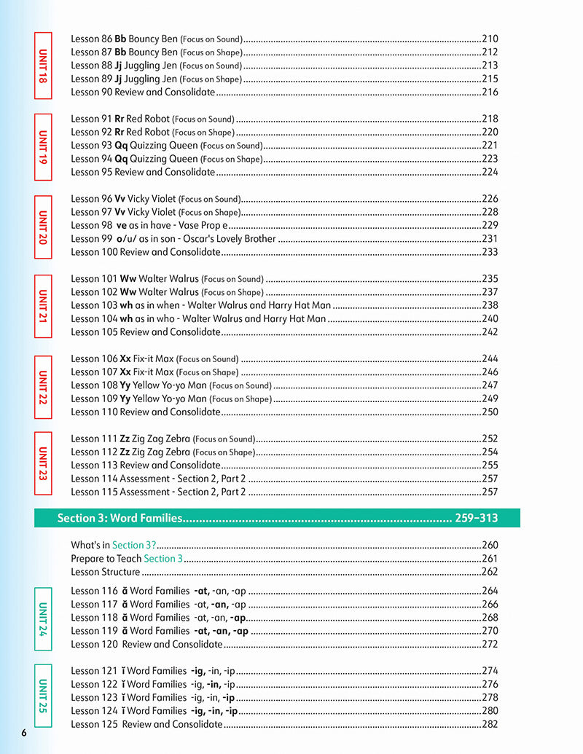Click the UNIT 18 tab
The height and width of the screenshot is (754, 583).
[43, 66]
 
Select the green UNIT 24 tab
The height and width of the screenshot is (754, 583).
[43, 618]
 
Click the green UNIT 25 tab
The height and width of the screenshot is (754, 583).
[43, 698]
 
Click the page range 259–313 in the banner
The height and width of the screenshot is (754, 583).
[477, 518]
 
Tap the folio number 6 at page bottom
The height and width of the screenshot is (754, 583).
[24, 732]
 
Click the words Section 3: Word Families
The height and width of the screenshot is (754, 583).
[120, 518]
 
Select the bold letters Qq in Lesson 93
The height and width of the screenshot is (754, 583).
[122, 145]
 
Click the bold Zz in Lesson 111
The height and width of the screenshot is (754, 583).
[125, 439]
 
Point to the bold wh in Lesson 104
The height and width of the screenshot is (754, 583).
[126, 318]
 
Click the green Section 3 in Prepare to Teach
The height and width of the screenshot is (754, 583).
[164, 559]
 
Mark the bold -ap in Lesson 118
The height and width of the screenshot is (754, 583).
[238, 618]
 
